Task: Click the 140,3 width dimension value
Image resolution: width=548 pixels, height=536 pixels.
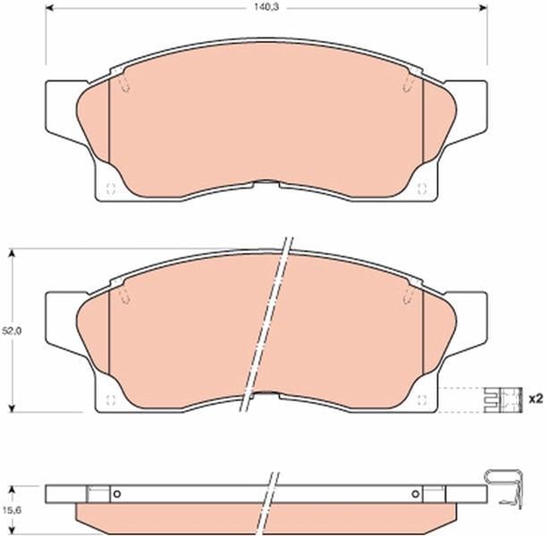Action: (266, 7)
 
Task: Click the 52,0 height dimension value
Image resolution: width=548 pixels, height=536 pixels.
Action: (12, 331)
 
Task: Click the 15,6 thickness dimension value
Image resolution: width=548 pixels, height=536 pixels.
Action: (12, 510)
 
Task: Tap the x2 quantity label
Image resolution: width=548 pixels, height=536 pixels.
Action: (535, 398)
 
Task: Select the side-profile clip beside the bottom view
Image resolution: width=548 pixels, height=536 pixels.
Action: (504, 490)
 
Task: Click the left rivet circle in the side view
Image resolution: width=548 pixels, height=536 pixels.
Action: (117, 494)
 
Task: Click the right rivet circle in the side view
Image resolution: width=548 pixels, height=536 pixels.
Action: (415, 494)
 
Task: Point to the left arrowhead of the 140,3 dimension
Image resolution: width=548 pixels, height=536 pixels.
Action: (50, 8)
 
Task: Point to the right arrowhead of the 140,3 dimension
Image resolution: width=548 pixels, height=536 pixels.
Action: (484, 8)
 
